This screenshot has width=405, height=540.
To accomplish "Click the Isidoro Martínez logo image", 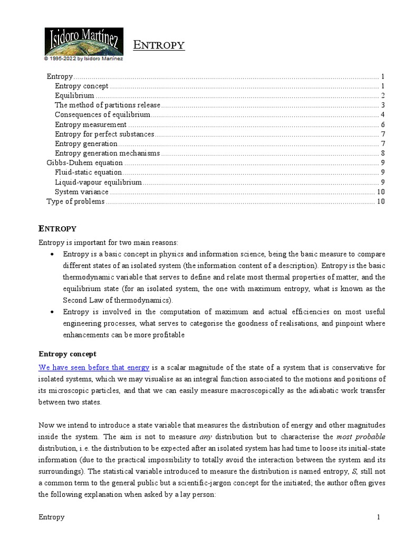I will click(83, 41).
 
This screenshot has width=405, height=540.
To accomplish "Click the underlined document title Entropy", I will click(159, 45).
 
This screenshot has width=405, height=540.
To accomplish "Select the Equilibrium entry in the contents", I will click(74, 95).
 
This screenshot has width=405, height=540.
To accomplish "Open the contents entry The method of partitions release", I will click(107, 105).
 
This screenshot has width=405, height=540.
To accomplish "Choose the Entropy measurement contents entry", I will click(91, 124).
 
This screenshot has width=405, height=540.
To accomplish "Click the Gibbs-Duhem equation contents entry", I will click(85, 162).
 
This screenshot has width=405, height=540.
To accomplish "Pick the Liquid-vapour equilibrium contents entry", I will click(98, 182).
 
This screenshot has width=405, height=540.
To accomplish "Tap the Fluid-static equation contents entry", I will click(88, 172).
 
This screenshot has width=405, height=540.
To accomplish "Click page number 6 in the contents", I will click(382, 124).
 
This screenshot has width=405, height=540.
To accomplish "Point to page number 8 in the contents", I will click(382, 153).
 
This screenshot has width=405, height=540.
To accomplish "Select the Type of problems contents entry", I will click(75, 201).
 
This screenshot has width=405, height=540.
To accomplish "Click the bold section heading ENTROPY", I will click(57, 228).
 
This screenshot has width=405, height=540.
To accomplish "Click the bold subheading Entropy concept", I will click(67, 353).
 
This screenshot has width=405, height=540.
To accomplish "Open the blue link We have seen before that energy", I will click(94, 367).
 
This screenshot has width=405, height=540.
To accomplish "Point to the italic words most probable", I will click(361, 437).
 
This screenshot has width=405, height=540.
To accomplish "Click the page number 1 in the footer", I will click(378, 517).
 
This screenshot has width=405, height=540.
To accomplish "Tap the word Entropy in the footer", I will click(51, 517).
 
